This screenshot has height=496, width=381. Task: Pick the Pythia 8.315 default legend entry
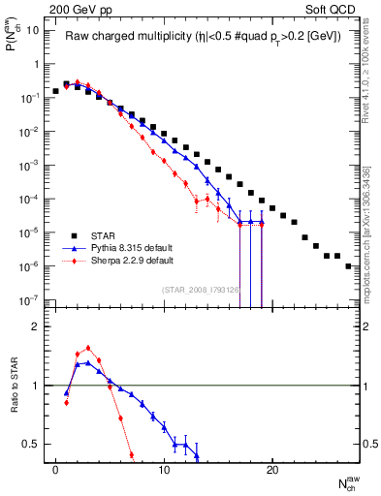click(144, 247)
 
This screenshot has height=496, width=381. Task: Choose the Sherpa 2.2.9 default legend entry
click(145, 260)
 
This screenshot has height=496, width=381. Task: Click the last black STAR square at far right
click(348, 265)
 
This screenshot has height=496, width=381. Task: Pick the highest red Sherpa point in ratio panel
click(88, 348)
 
